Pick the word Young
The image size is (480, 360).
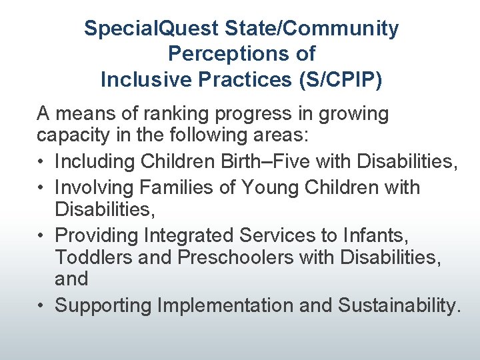click(x=271, y=187)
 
